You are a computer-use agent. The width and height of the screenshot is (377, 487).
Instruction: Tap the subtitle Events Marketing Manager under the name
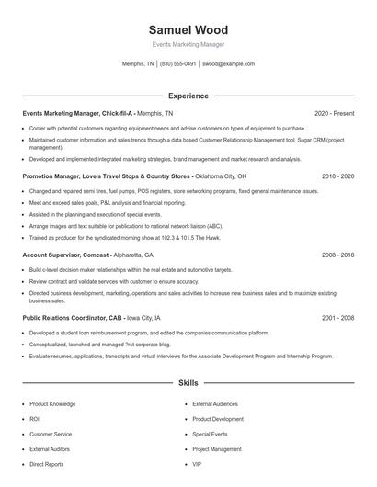click(188, 44)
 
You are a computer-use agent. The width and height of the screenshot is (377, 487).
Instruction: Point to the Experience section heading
click(188, 96)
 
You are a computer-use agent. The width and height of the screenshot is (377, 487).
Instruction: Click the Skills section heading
click(188, 382)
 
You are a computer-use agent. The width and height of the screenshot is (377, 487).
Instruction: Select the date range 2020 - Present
click(334, 113)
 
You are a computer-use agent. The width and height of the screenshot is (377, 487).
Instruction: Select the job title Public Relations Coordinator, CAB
click(76, 317)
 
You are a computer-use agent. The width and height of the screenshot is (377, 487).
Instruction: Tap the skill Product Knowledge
click(52, 403)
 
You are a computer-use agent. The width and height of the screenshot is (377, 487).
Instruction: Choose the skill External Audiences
click(214, 403)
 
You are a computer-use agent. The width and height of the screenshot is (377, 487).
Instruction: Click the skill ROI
click(34, 418)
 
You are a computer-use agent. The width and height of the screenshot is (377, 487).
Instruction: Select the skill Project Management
click(216, 449)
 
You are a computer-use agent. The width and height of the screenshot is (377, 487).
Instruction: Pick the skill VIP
click(197, 464)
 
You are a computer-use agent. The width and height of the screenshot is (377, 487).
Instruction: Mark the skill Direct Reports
click(46, 464)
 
